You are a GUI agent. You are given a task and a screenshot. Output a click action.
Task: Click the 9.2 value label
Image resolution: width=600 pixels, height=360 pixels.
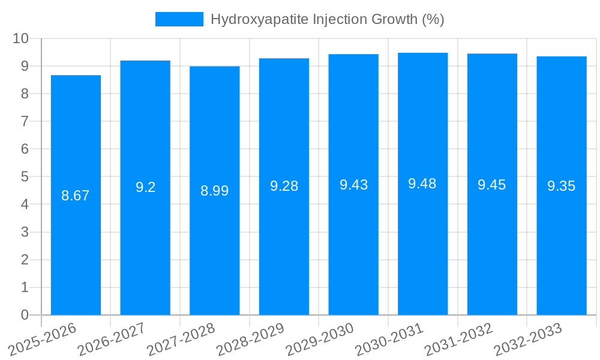pyautogui.click(x=145, y=187)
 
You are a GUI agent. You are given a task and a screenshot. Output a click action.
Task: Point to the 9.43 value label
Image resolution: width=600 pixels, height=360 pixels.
pyautogui.click(x=353, y=185)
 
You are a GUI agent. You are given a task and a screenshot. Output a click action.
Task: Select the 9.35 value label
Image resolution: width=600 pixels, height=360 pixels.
pyautogui.click(x=561, y=186)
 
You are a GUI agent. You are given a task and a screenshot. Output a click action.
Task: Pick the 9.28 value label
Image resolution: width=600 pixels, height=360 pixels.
pyautogui.click(x=284, y=186)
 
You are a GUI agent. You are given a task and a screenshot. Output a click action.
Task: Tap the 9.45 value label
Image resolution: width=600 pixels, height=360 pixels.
pyautogui.click(x=491, y=185)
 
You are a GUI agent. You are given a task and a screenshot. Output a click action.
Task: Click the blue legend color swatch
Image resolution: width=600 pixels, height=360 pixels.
pyautogui.click(x=179, y=19)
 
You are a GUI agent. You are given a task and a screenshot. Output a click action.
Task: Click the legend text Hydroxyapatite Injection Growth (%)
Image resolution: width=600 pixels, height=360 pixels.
pyautogui.click(x=327, y=19)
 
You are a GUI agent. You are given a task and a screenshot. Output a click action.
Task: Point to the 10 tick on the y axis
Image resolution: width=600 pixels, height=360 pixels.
pyautogui.click(x=21, y=38)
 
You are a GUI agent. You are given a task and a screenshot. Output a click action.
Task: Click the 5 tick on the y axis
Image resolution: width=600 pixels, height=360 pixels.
pyautogui.click(x=25, y=177)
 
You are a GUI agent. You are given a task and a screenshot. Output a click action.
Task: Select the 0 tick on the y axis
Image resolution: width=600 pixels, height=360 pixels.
pyautogui.click(x=25, y=315)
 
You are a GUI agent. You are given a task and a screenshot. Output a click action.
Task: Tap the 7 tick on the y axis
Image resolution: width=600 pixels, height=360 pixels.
pyautogui.click(x=25, y=121)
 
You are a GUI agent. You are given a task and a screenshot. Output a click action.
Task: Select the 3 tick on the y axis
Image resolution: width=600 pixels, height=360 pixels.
pyautogui.click(x=25, y=232)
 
